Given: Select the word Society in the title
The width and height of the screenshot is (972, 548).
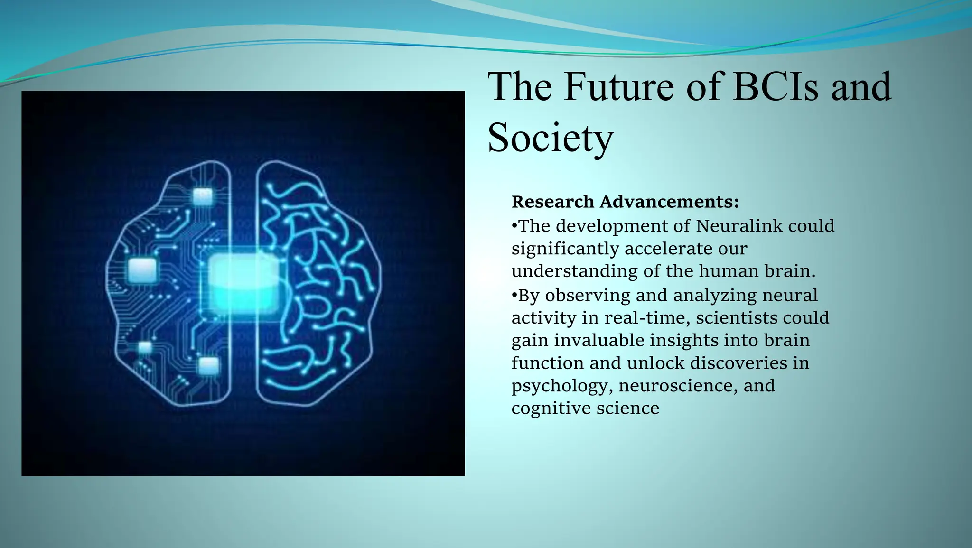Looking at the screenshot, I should click(x=551, y=138).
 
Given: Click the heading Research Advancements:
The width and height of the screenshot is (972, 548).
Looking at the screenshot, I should click(x=625, y=202).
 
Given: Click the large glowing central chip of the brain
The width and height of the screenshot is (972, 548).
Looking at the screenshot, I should click(x=243, y=284).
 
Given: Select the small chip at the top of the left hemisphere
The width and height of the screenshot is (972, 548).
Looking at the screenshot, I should click(x=203, y=196).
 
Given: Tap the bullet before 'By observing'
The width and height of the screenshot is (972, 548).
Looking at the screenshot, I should click(x=514, y=295).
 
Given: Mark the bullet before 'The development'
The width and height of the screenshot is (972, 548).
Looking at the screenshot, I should click(x=514, y=226).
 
